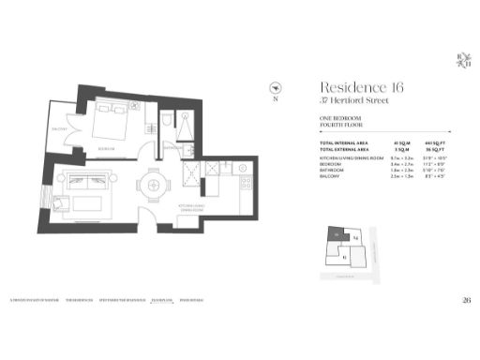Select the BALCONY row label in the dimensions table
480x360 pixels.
(330, 174)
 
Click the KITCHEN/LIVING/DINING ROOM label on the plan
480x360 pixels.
(192, 211)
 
